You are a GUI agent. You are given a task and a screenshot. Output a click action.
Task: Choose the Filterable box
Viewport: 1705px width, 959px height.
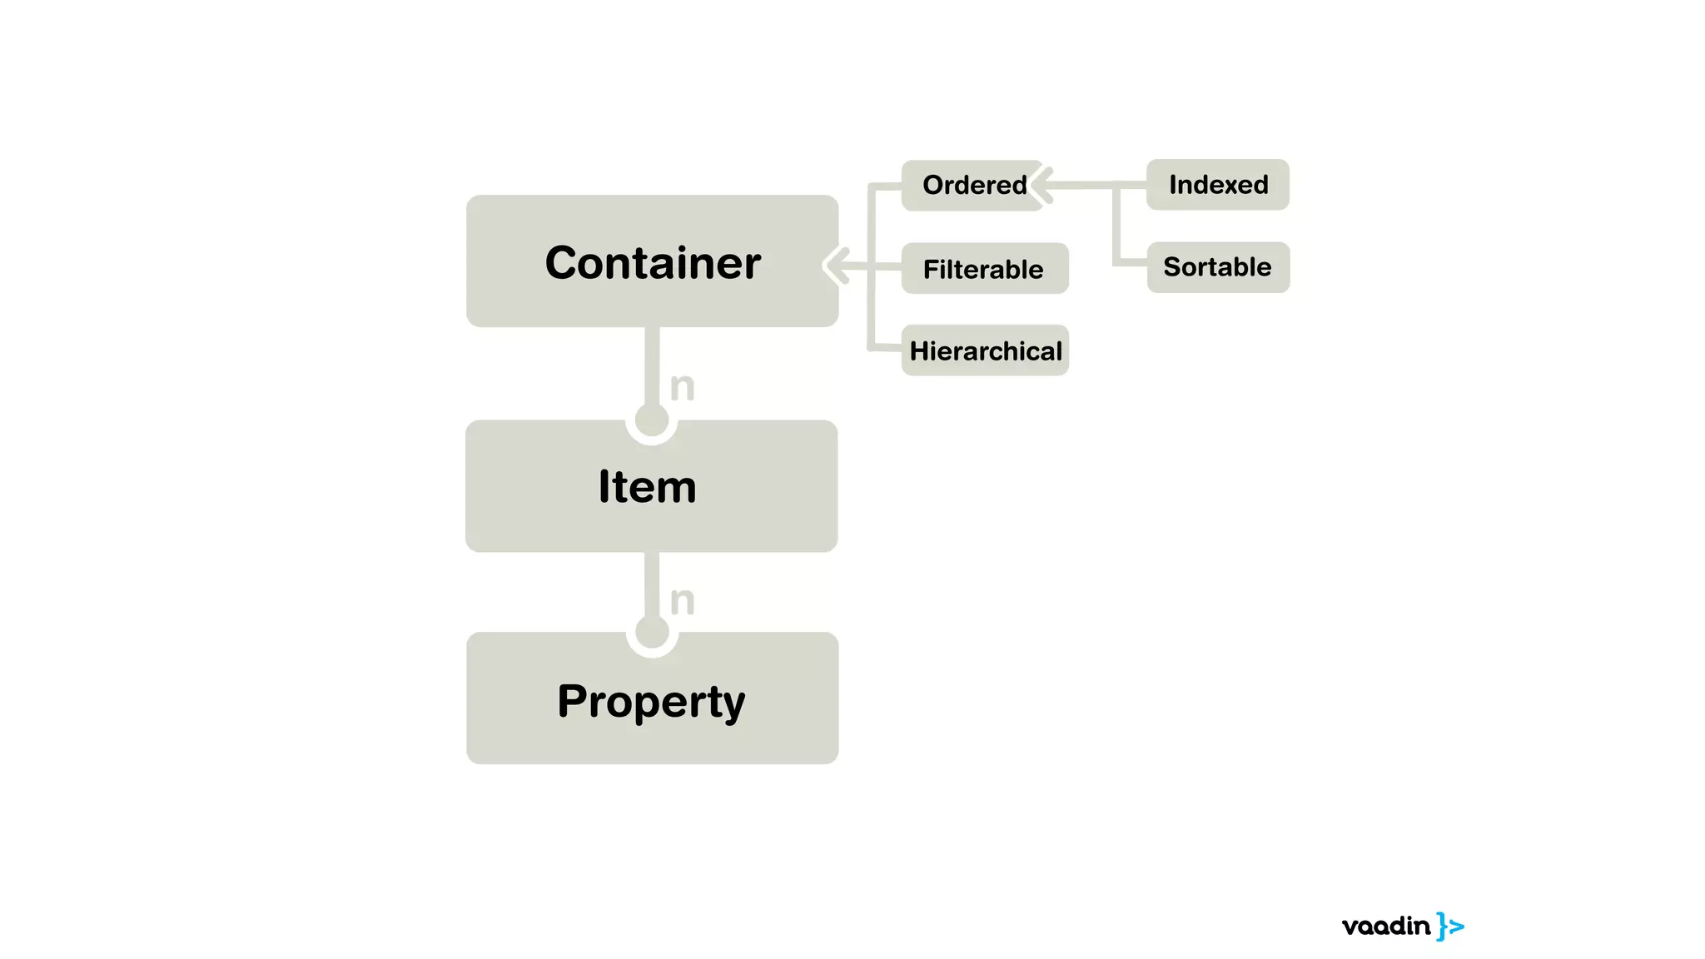pyautogui.click(x=984, y=268)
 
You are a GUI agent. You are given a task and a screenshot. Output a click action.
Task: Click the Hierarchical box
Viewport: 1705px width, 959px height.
pyautogui.click(x=985, y=350)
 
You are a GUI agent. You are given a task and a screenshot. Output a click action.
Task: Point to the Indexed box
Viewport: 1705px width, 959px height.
pyautogui.click(x=1218, y=184)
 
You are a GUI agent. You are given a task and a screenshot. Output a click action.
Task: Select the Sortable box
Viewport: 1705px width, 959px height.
pyautogui.click(x=1218, y=267)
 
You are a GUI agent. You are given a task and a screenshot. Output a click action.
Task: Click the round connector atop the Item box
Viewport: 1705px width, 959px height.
pyautogui.click(x=651, y=420)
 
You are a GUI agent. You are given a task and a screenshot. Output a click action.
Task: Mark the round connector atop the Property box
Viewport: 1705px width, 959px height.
pyautogui.click(x=652, y=633)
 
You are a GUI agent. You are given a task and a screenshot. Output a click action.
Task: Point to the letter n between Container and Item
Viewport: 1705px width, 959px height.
pyautogui.click(x=683, y=386)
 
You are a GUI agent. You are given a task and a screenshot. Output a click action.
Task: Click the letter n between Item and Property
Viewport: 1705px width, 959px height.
pyautogui.click(x=683, y=600)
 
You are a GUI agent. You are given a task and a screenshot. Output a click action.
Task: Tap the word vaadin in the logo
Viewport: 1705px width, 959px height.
pyautogui.click(x=1385, y=926)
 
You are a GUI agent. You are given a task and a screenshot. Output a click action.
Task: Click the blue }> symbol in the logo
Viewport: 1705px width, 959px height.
pyautogui.click(x=1450, y=927)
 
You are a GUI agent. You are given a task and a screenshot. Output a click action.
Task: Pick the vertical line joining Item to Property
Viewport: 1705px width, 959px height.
pyautogui.click(x=652, y=583)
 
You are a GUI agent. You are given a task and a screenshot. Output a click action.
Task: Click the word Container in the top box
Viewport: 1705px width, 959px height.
pyautogui.click(x=653, y=263)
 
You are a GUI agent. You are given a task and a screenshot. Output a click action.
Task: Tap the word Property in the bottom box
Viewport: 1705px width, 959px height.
pyautogui.click(x=651, y=701)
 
